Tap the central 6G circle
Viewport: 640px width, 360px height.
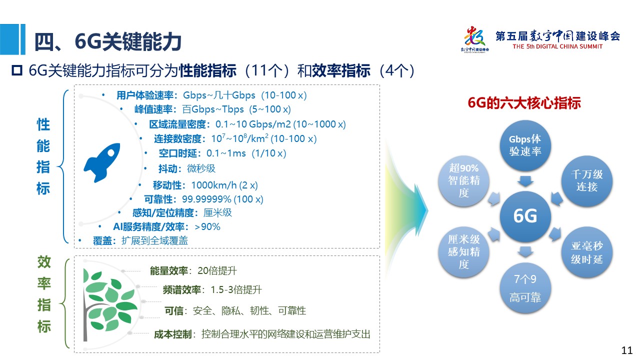click(525, 216)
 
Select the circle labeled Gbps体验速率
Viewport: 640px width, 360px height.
click(525, 145)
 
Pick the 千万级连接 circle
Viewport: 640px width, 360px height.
click(587, 181)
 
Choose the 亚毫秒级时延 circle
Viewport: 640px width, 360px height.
click(587, 252)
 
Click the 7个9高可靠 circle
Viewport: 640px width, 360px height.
click(525, 288)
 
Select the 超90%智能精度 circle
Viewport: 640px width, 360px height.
click(463, 181)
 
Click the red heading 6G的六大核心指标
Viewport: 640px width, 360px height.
click(524, 103)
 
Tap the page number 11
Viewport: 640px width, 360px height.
click(627, 350)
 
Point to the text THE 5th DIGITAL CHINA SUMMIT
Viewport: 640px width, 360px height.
click(557, 46)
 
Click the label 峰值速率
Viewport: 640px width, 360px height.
click(153, 109)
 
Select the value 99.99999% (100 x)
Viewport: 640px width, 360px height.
click(222, 199)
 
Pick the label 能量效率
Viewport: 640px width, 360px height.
click(169, 271)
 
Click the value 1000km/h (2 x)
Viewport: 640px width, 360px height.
click(224, 185)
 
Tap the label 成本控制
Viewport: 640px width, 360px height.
click(173, 334)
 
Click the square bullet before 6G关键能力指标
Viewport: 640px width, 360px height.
click(17, 70)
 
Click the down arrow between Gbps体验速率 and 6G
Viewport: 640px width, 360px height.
click(525, 181)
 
